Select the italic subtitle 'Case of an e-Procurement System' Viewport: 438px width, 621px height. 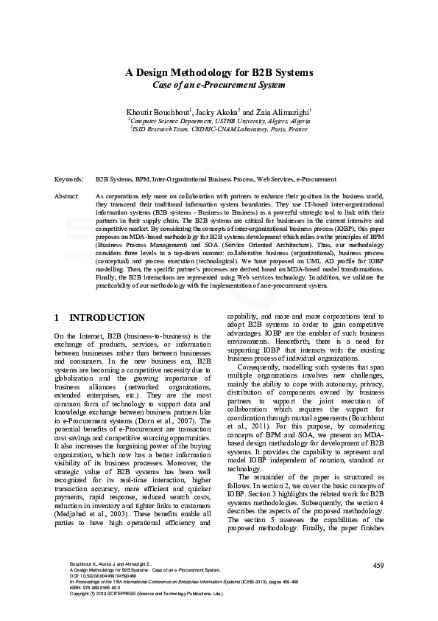(219, 85)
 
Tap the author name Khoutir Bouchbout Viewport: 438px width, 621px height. (158, 111)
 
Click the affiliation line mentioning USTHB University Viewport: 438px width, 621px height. (219, 119)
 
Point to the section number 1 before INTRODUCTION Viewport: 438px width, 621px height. (57, 319)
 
